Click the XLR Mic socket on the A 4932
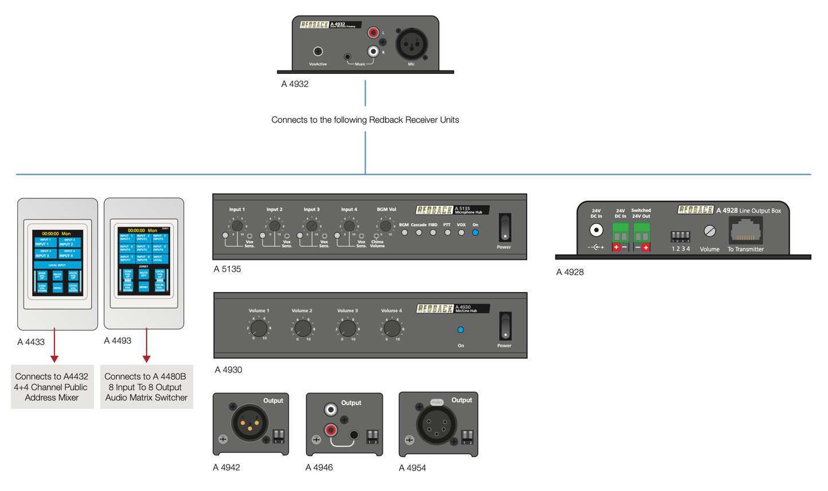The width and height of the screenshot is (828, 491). pos(411,44)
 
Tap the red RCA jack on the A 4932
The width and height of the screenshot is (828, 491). pos(374,33)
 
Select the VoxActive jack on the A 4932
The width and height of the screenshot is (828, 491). pos(317,52)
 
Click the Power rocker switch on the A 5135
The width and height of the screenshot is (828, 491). pos(504,228)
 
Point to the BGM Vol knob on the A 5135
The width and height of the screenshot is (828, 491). pos(386,226)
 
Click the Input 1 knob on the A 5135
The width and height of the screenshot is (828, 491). pos(237,226)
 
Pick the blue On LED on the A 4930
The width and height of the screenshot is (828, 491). pos(461,330)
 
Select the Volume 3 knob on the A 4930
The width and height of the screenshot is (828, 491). pos(347,328)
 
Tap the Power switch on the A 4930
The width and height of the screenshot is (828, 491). pos(505,326)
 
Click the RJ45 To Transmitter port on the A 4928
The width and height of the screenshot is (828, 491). pos(745,231)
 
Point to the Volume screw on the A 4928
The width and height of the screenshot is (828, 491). pos(709,231)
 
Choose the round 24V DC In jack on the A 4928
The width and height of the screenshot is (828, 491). pos(596,230)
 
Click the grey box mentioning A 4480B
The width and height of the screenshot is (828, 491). pos(146,387)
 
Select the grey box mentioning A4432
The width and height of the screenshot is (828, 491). pos(52,387)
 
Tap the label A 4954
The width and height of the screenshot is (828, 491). pos(412,468)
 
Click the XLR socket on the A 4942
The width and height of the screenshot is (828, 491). pos(249,423)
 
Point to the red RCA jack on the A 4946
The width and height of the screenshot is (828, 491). pos(331,430)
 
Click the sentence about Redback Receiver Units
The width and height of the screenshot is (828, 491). pos(365,120)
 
